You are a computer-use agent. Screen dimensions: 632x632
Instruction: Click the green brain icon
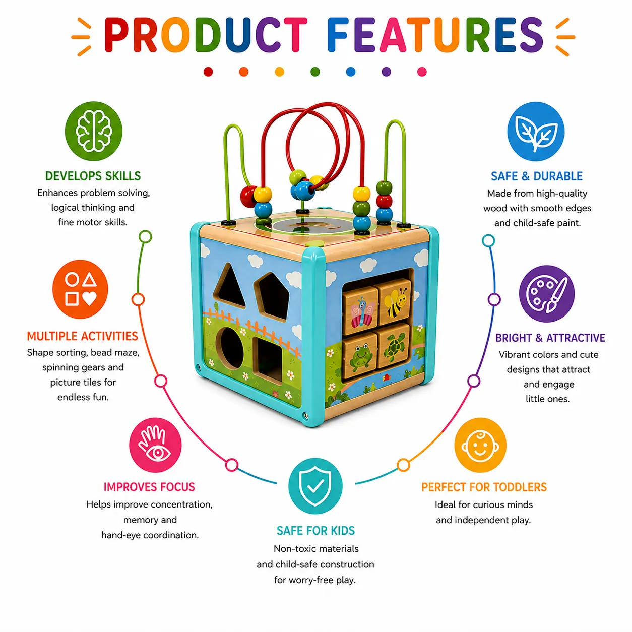pyautogui.click(x=93, y=131)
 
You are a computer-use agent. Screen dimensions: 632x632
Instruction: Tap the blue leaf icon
pyautogui.click(x=536, y=131)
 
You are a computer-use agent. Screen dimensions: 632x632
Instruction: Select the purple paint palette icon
pyautogui.click(x=546, y=293)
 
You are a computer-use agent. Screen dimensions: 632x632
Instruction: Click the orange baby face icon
pyautogui.click(x=480, y=445)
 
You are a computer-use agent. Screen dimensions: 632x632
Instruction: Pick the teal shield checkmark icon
pyautogui.click(x=315, y=486)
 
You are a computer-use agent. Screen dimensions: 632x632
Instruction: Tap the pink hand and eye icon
pyautogui.click(x=155, y=445)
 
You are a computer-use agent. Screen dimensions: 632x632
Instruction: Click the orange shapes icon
pyautogui.click(x=80, y=289)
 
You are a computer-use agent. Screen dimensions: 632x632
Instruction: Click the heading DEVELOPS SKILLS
pyautogui.click(x=93, y=176)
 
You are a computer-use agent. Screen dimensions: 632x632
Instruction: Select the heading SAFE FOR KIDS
pyautogui.click(x=315, y=530)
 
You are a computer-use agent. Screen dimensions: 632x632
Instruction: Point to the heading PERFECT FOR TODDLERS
pyautogui.click(x=484, y=487)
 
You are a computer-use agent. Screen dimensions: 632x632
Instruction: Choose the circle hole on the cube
pyautogui.click(x=230, y=348)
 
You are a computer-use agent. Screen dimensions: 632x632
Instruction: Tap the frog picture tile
pyautogui.click(x=360, y=356)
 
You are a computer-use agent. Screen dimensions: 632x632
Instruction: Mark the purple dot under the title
pyautogui.click(x=387, y=72)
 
